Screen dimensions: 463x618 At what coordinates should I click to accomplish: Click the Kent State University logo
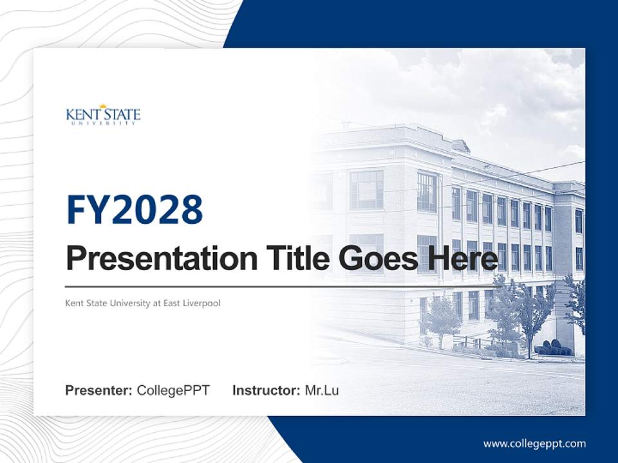(x=103, y=116)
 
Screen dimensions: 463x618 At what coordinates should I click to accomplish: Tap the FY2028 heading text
(x=135, y=209)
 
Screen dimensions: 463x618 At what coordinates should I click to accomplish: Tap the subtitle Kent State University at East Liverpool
(x=143, y=303)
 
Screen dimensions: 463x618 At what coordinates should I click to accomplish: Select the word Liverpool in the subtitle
(x=202, y=303)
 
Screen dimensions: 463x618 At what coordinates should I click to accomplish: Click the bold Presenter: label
(x=99, y=390)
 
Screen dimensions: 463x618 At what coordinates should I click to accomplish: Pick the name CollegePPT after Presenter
(x=173, y=390)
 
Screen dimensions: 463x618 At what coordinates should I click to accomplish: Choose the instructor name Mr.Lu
(x=322, y=390)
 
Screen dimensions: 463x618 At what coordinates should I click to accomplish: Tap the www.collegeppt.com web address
(x=534, y=443)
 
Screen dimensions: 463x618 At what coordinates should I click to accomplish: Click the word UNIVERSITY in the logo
(x=103, y=123)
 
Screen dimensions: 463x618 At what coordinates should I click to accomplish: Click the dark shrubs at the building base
(x=552, y=349)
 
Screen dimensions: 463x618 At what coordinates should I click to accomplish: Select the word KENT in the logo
(x=80, y=115)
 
